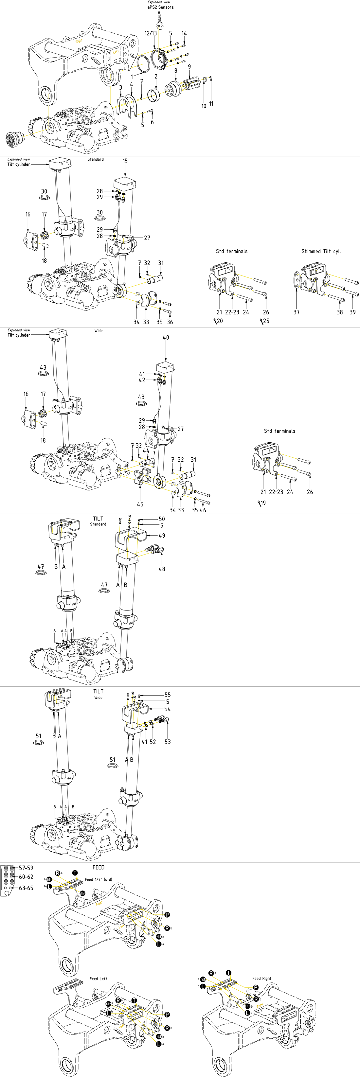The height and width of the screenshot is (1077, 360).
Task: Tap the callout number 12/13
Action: pyautogui.click(x=151, y=33)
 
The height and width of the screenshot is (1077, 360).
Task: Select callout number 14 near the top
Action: pyautogui.click(x=184, y=33)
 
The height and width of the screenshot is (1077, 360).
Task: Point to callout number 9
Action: pyautogui.click(x=189, y=67)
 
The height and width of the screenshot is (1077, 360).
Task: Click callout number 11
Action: pyautogui.click(x=211, y=103)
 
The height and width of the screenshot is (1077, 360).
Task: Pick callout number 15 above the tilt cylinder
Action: pyautogui.click(x=125, y=161)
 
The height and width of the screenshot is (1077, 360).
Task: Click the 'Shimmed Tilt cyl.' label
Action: pyautogui.click(x=321, y=251)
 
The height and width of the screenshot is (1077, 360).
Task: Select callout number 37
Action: pyautogui.click(x=297, y=312)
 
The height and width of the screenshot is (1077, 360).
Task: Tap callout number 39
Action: pyautogui.click(x=352, y=312)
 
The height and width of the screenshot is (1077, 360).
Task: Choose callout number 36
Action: pyautogui.click(x=170, y=322)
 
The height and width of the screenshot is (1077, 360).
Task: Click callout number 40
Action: pyautogui.click(x=166, y=337)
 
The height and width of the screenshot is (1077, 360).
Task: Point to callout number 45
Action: pyautogui.click(x=140, y=504)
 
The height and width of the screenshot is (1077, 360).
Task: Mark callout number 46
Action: pyautogui.click(x=203, y=510)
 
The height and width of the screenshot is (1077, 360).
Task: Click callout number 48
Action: pyautogui.click(x=162, y=569)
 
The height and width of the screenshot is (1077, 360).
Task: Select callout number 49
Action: pyautogui.click(x=162, y=536)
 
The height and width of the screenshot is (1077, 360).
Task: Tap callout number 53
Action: pyautogui.click(x=168, y=742)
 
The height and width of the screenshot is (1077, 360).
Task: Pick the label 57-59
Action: pyautogui.click(x=26, y=868)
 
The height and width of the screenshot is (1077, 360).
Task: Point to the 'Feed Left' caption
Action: pyautogui.click(x=98, y=979)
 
